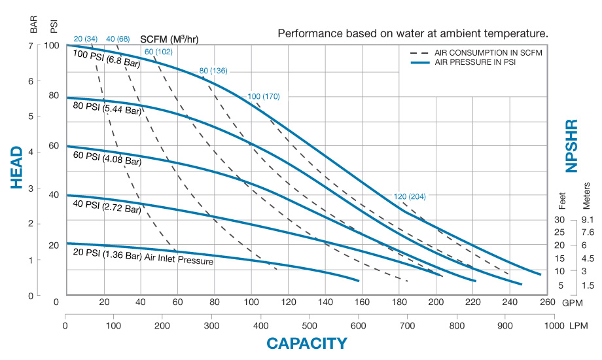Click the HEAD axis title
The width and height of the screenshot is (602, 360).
(x=18, y=168)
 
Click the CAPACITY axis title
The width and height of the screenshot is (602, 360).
(x=307, y=343)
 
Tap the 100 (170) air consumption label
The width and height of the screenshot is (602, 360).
(x=264, y=97)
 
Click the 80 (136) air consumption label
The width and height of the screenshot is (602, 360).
(x=213, y=71)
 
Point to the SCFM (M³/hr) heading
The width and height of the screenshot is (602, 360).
(x=169, y=39)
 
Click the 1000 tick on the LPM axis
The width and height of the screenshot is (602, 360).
(x=554, y=325)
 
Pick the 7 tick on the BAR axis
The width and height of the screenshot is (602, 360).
(x=31, y=46)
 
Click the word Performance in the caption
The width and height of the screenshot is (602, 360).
(x=308, y=33)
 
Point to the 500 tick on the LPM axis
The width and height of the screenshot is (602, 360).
(x=310, y=325)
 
